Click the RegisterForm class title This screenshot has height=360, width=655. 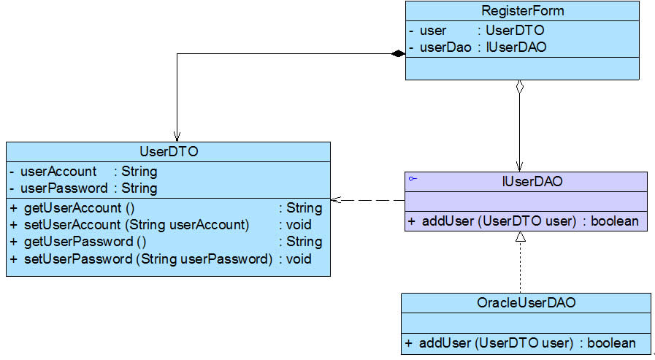[x=523, y=10]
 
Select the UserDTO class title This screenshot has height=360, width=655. [x=169, y=151]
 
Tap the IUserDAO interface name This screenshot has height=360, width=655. [x=532, y=181]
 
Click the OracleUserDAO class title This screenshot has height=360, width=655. [x=526, y=302]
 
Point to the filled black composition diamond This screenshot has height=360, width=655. [x=398, y=53]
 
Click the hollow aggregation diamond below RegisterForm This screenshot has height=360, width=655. [x=520, y=87]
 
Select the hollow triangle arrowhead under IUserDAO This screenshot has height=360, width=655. [x=521, y=237]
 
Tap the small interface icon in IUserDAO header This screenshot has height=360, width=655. [x=413, y=179]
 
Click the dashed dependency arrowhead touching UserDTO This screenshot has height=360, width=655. [x=336, y=200]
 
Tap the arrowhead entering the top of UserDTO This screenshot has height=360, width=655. [x=177, y=137]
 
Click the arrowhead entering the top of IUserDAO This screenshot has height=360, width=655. [x=520, y=166]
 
